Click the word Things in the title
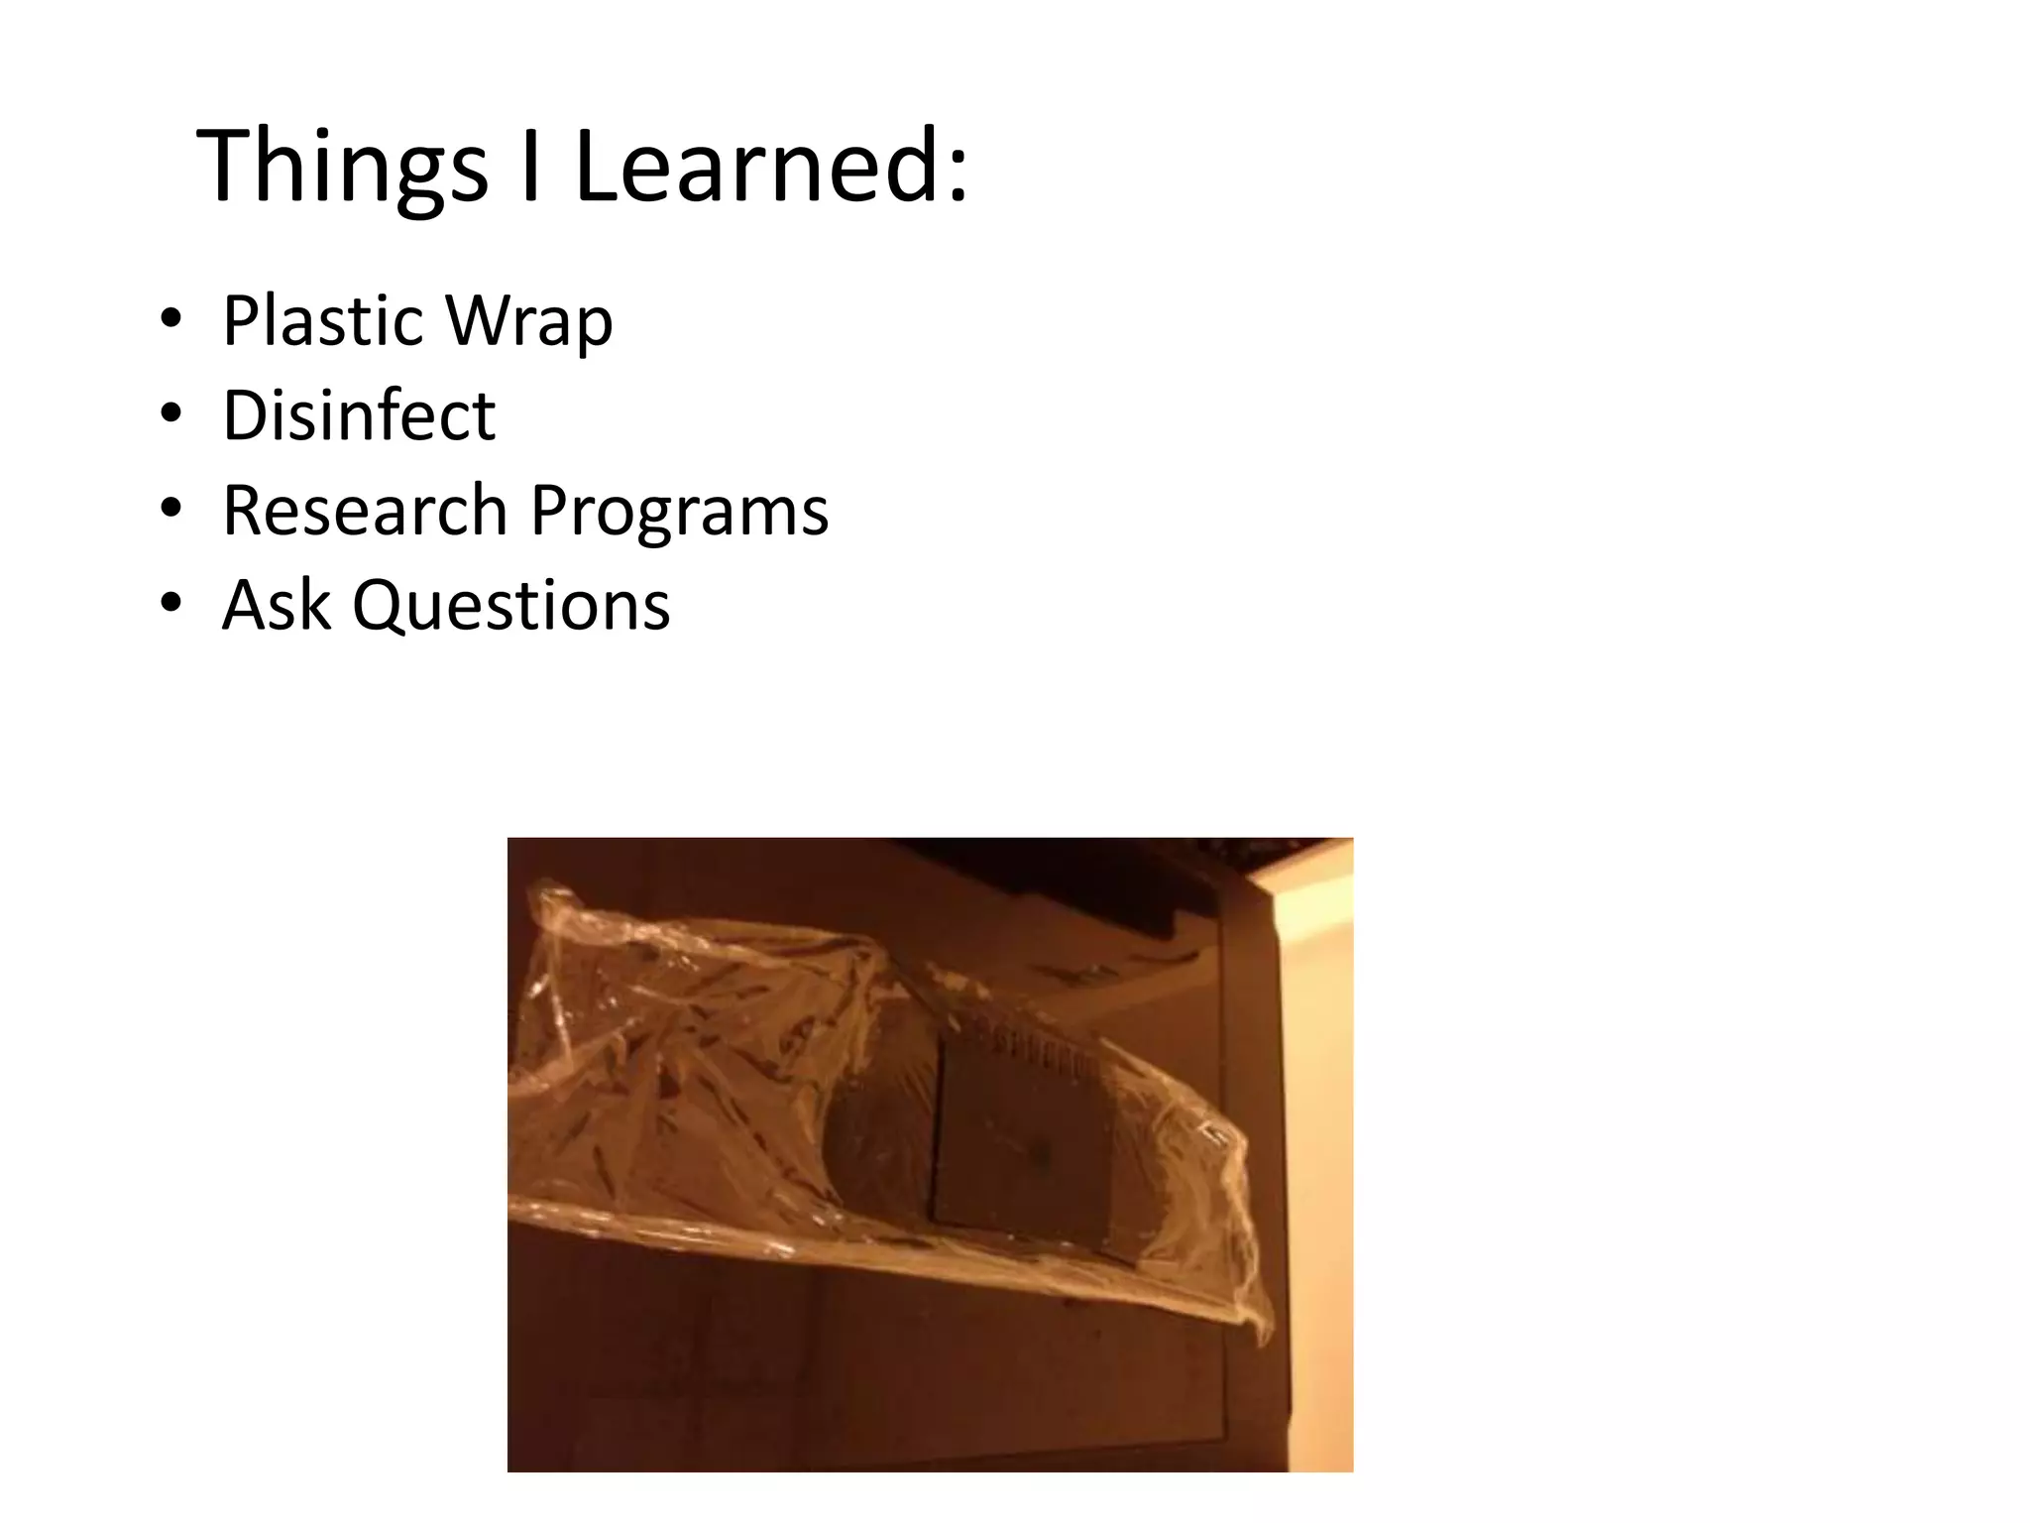point(343,168)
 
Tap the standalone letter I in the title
point(531,166)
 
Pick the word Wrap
point(529,322)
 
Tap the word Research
point(364,510)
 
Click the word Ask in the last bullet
point(276,605)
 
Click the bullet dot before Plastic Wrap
point(171,320)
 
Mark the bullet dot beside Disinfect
point(171,414)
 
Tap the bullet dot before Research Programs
point(171,509)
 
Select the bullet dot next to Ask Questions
point(171,603)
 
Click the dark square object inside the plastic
point(1021,1140)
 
